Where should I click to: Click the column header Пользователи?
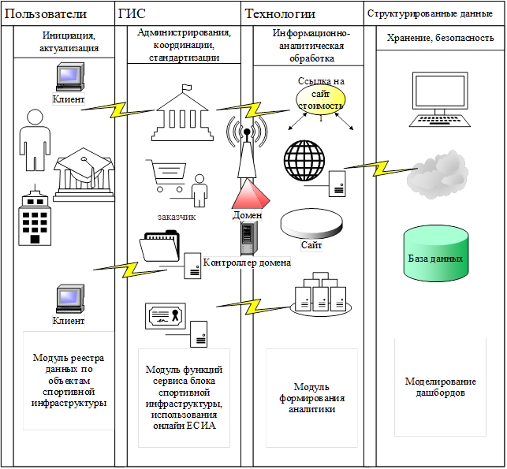(46, 13)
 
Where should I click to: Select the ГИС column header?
(132, 13)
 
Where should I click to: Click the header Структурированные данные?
(430, 13)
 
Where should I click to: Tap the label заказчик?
(176, 216)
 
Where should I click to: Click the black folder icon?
(161, 247)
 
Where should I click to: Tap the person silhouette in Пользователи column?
(35, 138)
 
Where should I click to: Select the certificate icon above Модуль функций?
(166, 317)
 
